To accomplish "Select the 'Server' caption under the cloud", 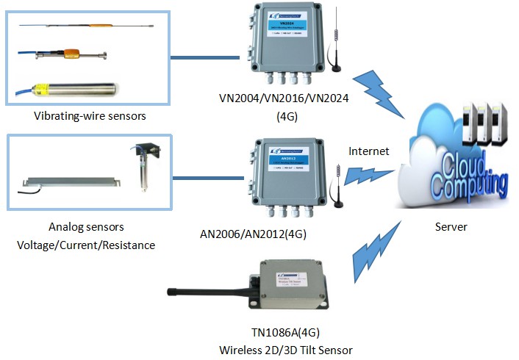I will [x=449, y=227].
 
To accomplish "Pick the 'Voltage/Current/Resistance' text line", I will [x=86, y=245].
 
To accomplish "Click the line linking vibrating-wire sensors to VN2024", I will [x=205, y=57].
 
